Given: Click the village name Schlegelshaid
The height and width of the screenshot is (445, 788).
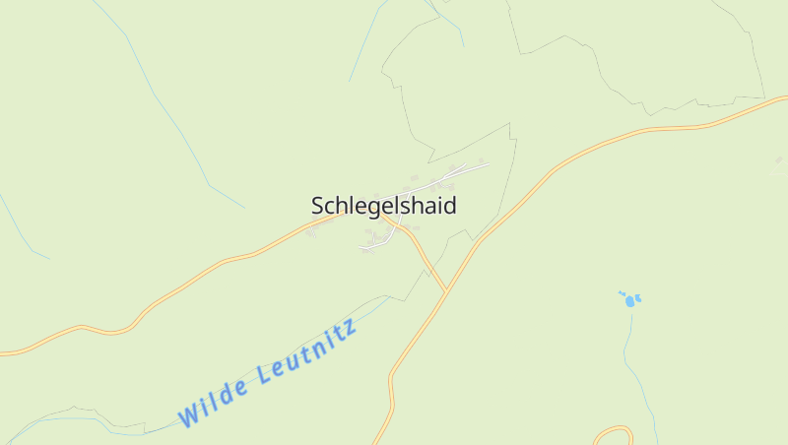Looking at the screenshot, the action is (384, 206).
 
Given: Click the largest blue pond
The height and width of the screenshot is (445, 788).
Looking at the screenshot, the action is (630, 301).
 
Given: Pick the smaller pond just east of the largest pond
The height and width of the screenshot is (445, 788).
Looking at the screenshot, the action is (639, 297).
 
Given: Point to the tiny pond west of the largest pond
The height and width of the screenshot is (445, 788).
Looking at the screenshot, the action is (621, 292).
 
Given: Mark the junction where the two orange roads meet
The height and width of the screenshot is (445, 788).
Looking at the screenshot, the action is (446, 290).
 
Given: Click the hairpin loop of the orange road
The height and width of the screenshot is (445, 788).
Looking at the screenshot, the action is (613, 430).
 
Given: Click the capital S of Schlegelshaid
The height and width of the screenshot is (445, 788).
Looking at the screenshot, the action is (318, 206).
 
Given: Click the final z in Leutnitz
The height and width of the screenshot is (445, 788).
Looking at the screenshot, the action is (349, 326).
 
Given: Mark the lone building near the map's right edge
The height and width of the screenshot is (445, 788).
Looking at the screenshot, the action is (779, 159).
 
